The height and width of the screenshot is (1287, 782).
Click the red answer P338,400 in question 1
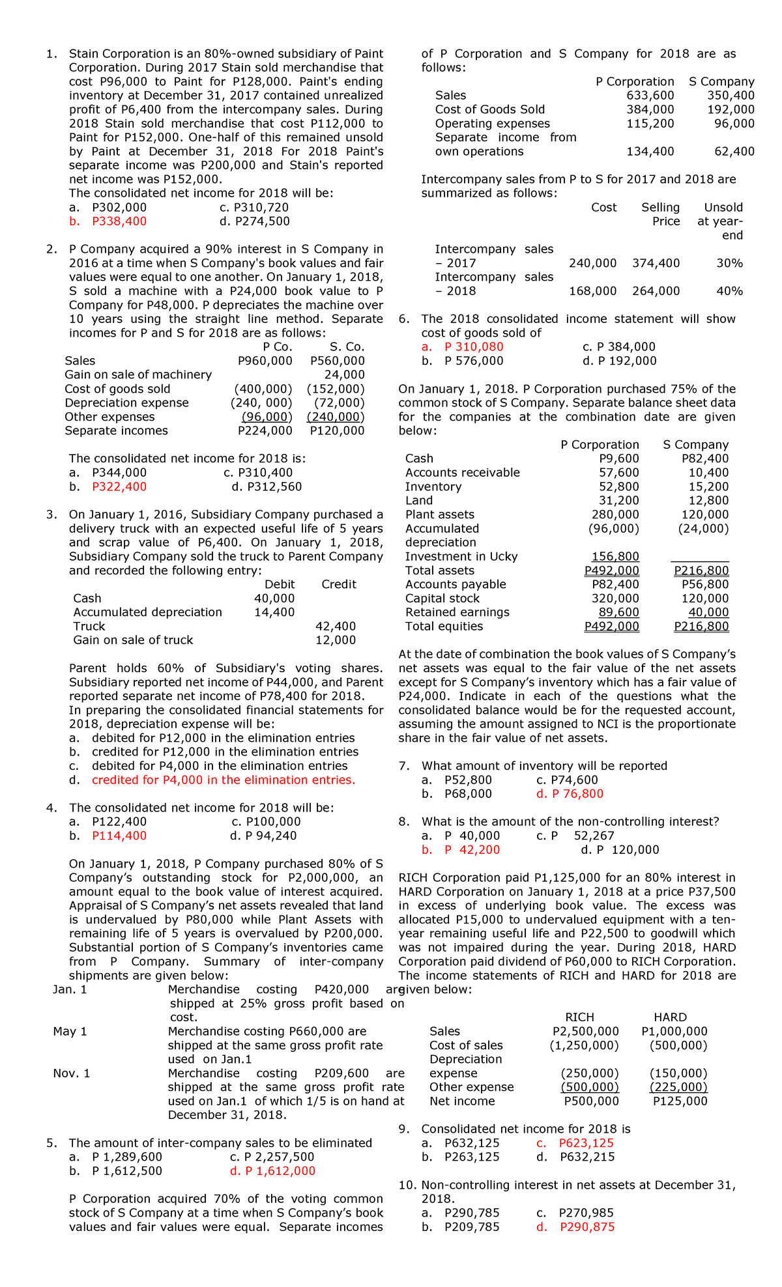tap(119, 221)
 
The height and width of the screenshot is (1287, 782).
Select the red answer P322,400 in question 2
tap(119, 487)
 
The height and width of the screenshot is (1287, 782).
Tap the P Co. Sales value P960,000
tap(265, 361)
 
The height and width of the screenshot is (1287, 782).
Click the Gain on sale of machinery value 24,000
tap(345, 375)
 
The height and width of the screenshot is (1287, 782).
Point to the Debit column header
tap(280, 584)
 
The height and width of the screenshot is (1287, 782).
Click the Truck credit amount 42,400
tap(336, 627)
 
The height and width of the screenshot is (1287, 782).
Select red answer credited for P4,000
tap(224, 780)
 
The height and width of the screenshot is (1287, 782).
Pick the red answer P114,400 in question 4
tap(119, 836)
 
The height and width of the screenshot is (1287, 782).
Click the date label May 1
tap(70, 1032)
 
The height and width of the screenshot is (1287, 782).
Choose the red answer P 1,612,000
tap(280, 1171)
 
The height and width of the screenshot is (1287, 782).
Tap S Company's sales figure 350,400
tap(731, 96)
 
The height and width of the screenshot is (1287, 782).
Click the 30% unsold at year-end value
tap(729, 263)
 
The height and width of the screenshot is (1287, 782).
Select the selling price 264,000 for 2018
tap(656, 291)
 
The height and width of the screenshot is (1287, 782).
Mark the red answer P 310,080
tap(473, 347)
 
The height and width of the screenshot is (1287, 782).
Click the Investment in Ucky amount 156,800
tap(615, 557)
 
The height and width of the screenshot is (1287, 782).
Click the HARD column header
tap(670, 1017)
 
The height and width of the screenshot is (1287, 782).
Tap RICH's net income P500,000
tap(591, 1101)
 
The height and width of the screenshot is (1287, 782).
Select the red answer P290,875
tap(586, 1227)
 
